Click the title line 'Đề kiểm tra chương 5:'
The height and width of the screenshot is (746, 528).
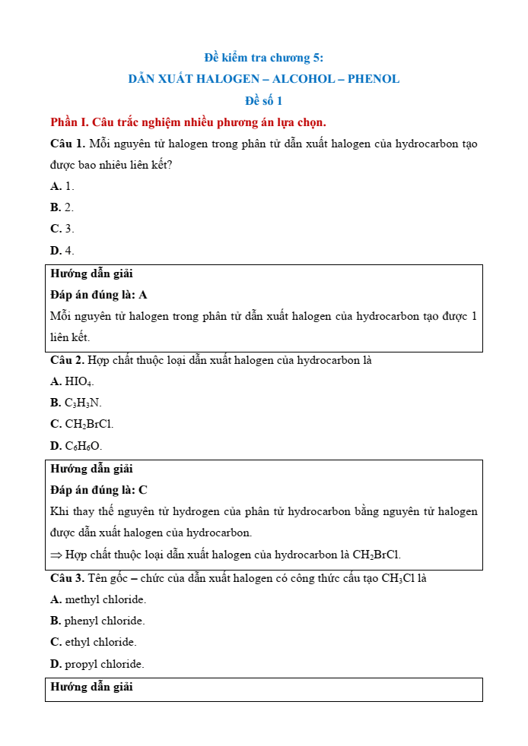coord(264,58)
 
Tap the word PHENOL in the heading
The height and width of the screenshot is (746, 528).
coord(374,79)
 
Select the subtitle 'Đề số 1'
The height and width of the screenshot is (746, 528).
coord(263,100)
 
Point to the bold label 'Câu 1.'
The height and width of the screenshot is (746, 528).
coord(67,144)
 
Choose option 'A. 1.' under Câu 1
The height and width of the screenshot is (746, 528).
coord(62,186)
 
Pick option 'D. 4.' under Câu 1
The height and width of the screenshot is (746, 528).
coord(62,250)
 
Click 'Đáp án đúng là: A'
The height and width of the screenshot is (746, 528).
coord(99,295)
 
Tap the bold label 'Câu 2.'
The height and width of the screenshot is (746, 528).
coord(67,360)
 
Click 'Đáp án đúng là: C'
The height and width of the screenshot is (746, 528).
coord(99,490)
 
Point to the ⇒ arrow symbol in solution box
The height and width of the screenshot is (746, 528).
coord(56,555)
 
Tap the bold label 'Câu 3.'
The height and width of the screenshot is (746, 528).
coord(67,578)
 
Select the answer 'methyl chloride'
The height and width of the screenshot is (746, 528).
coord(105,599)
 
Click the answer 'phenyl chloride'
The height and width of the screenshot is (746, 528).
coord(104,621)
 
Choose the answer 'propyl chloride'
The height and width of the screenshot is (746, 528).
coord(104,664)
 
